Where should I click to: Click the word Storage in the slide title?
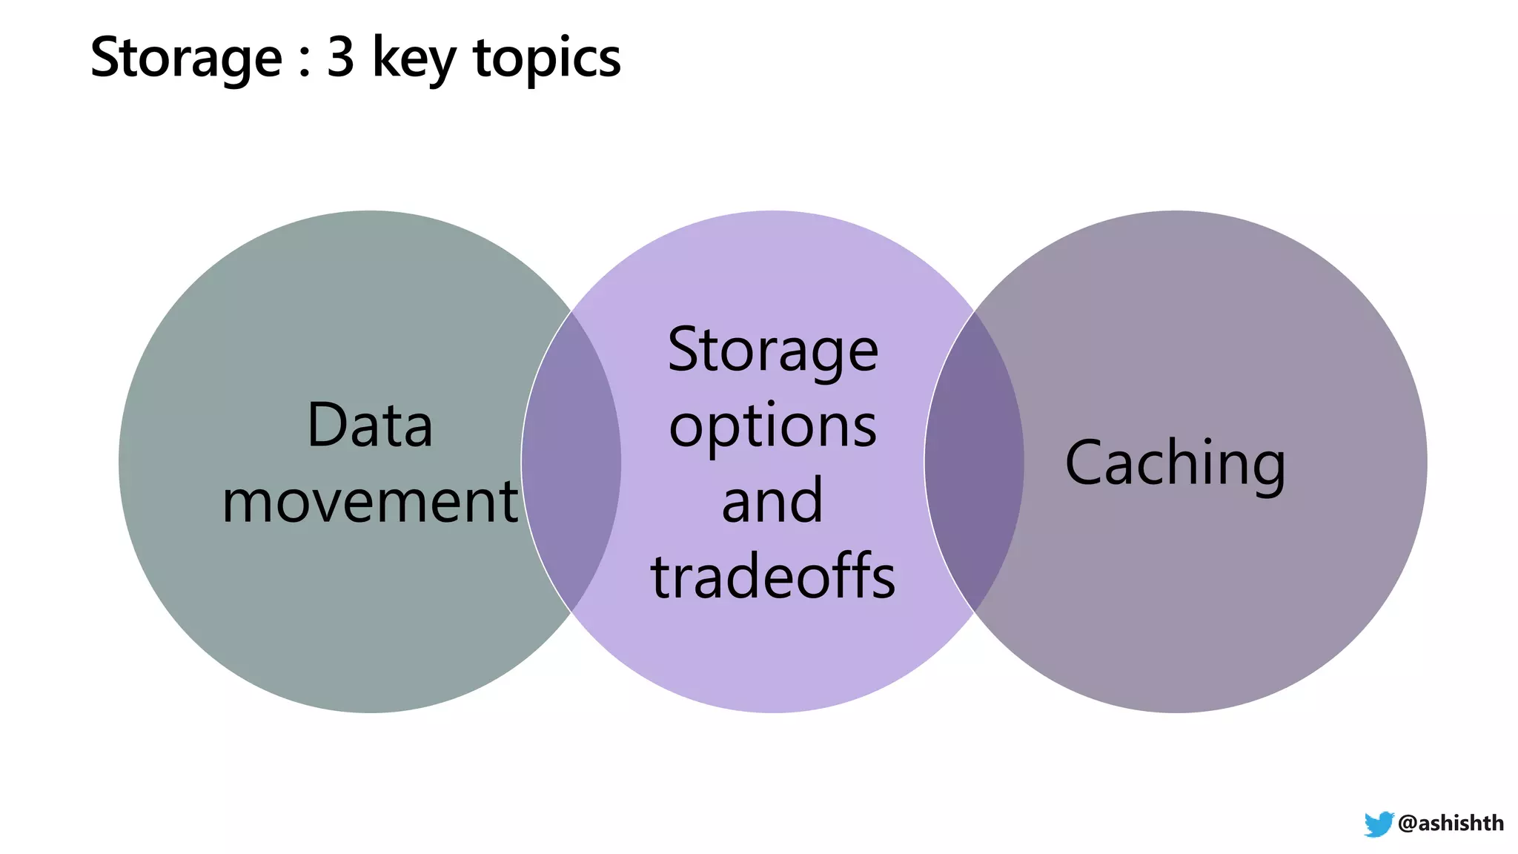pyautogui.click(x=185, y=58)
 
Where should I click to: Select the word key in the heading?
pyautogui.click(x=414, y=58)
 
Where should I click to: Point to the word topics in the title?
pyautogui.click(x=547, y=58)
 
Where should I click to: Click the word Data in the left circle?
pyautogui.click(x=369, y=426)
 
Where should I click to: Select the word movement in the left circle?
pyautogui.click(x=369, y=502)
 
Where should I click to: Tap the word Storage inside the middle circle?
pyautogui.click(x=772, y=351)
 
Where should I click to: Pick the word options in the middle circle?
pyautogui.click(x=772, y=428)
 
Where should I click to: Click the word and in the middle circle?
pyautogui.click(x=772, y=502)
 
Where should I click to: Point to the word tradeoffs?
pyautogui.click(x=772, y=577)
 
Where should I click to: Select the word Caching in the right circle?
pyautogui.click(x=1175, y=463)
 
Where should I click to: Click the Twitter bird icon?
pyautogui.click(x=1379, y=824)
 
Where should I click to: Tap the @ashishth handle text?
pyautogui.click(x=1451, y=823)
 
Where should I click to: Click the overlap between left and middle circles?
pyautogui.click(x=571, y=462)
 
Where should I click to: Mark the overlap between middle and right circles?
pyautogui.click(x=974, y=462)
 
